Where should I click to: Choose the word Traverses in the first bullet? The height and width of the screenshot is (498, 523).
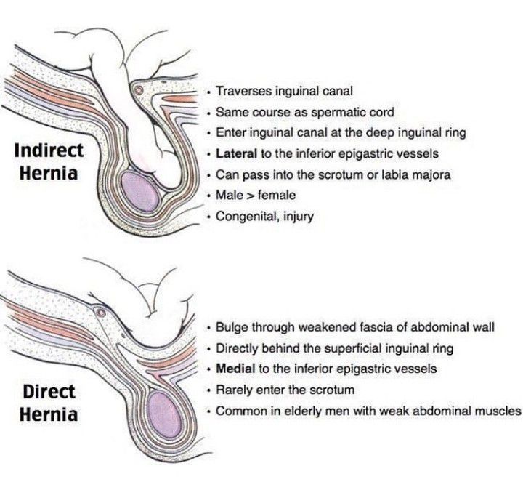243,92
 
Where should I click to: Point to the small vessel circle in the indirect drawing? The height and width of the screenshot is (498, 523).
137,89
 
